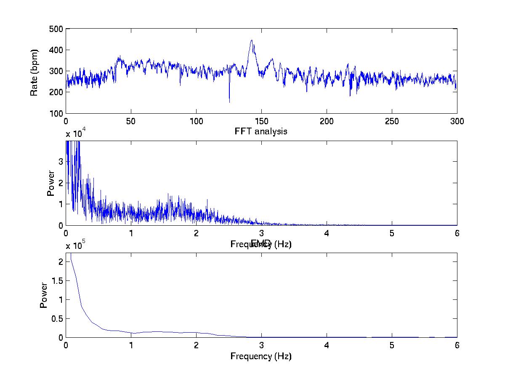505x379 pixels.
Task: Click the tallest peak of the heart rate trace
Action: [x=252, y=40]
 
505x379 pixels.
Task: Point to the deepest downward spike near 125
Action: [x=229, y=101]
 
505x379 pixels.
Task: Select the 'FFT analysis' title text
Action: [x=261, y=131]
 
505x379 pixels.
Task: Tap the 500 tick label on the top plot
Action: [x=56, y=29]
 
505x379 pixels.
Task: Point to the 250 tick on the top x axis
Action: [x=392, y=121]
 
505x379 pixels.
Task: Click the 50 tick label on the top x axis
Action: [x=131, y=121]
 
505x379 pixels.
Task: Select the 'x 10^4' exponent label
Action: [x=76, y=134]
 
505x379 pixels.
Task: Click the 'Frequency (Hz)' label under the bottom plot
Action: [x=261, y=356]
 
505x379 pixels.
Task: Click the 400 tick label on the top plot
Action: [x=56, y=50]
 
